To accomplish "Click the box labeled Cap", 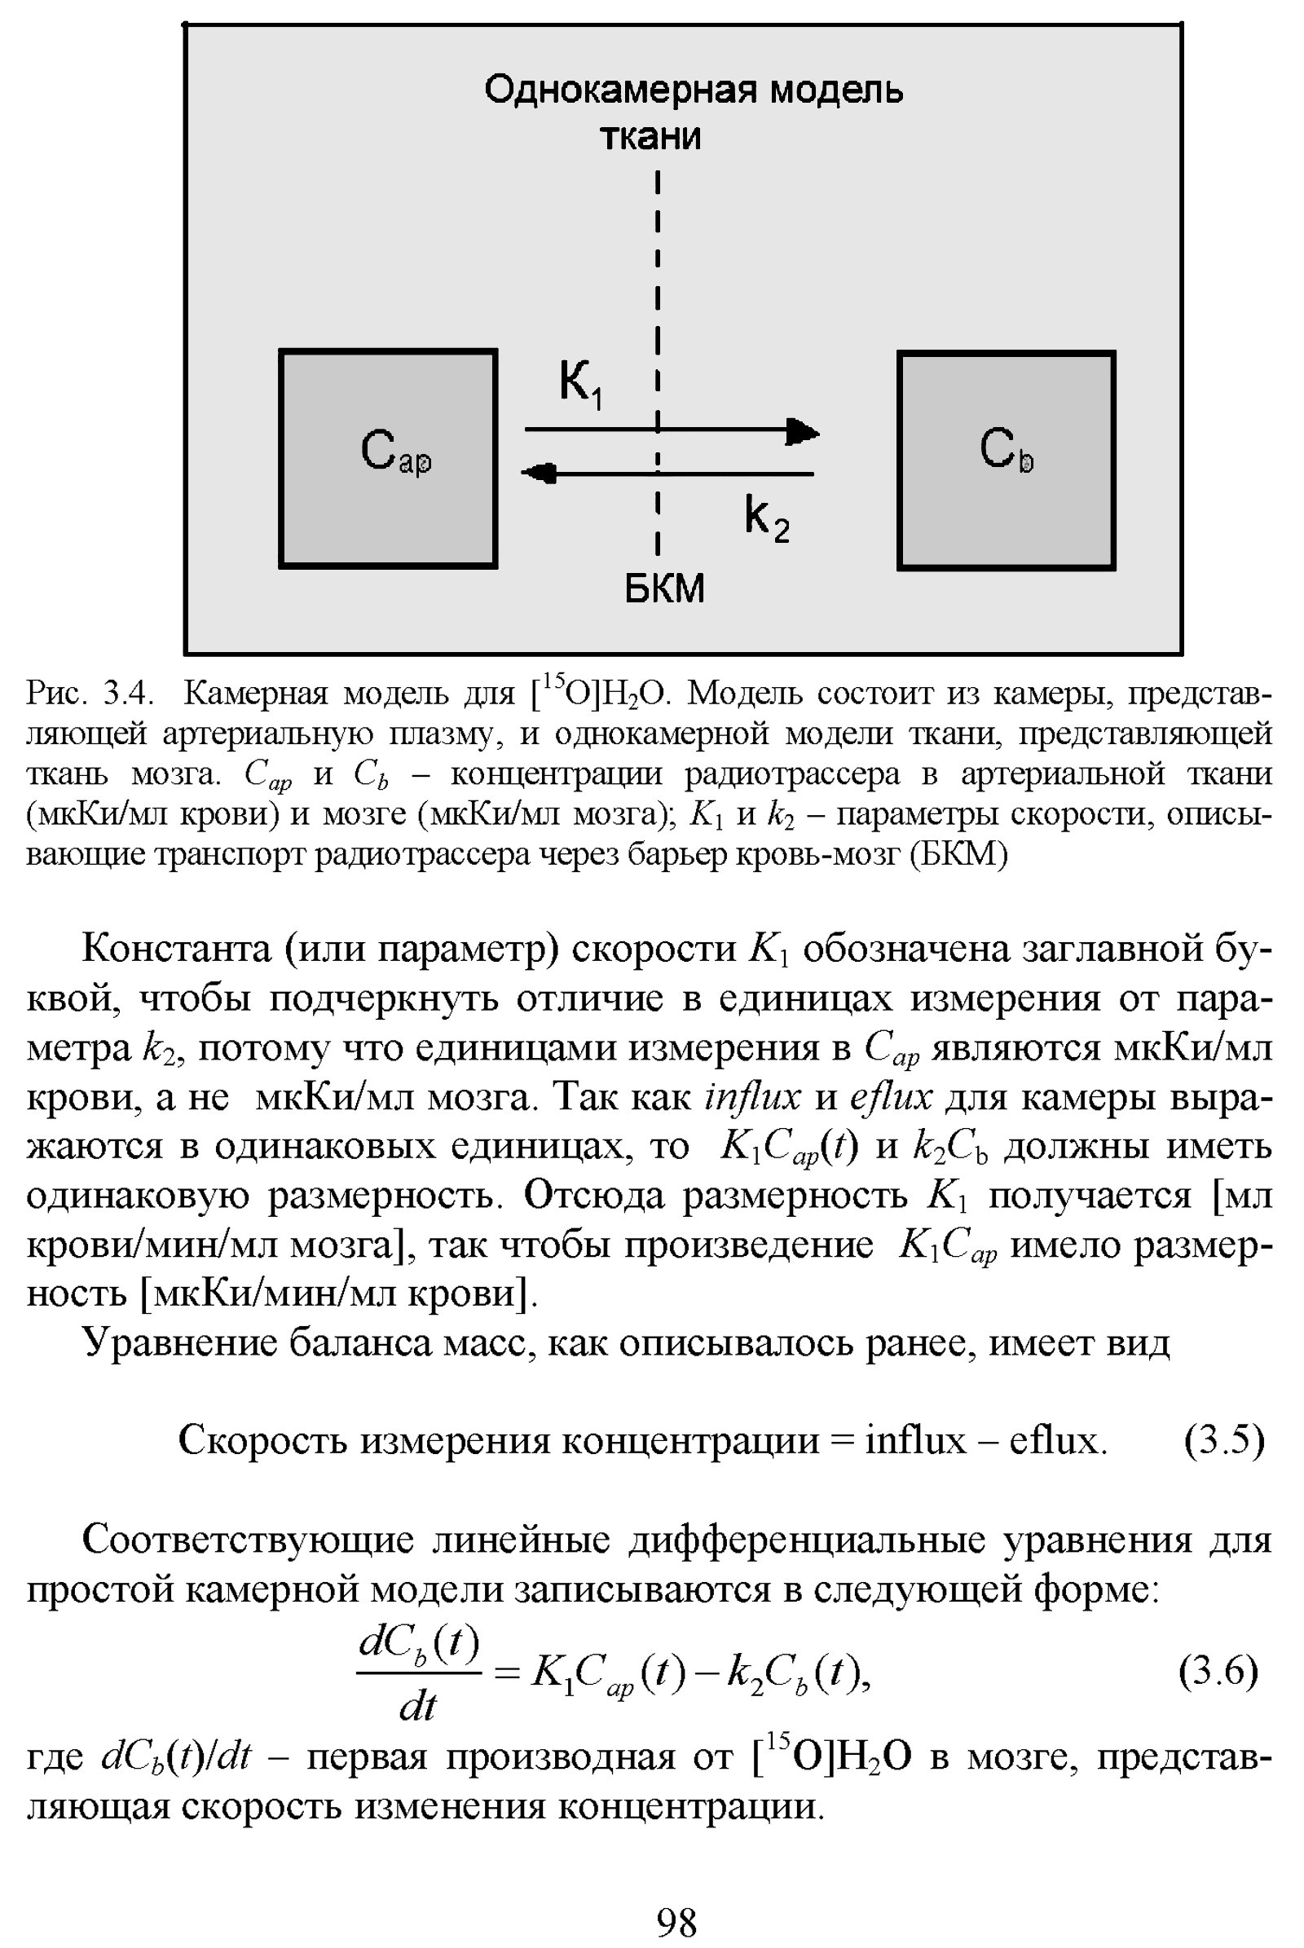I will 388,458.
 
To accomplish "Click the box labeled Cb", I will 1007,460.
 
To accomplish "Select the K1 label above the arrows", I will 580,383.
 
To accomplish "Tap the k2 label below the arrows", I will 766,519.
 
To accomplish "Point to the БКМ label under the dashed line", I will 664,588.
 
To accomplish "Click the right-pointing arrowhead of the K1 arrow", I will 804,431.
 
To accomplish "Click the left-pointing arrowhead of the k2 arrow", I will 539,474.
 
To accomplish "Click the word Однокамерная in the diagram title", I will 619,89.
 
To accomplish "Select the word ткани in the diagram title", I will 650,136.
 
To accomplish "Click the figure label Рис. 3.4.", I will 88,692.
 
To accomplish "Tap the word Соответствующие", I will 248,1540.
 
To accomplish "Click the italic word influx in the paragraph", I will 751,1097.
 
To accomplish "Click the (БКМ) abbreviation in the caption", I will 959,854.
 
